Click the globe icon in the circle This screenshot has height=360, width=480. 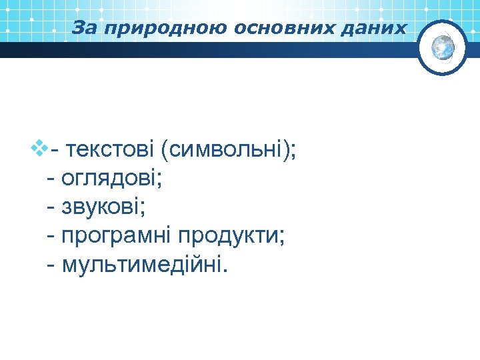(x=443, y=47)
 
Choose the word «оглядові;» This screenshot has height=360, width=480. (x=113, y=179)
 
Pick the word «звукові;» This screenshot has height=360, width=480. (x=104, y=207)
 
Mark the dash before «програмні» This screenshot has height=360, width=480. (x=52, y=238)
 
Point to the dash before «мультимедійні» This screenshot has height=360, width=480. (x=52, y=267)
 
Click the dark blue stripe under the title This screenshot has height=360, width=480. (x=200, y=50)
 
